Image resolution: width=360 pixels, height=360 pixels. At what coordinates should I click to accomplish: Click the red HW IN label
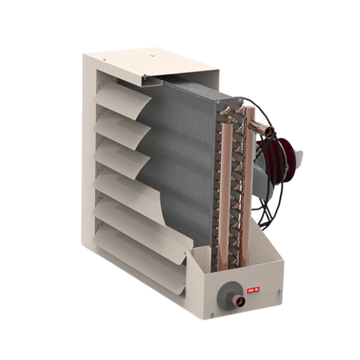click(x=253, y=290)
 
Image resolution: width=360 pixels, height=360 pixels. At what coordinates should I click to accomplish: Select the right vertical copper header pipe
click(x=247, y=187)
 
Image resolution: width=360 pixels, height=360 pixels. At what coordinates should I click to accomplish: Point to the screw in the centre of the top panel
click(x=151, y=56)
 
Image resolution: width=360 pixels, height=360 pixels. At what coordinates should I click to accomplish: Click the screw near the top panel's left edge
click(x=104, y=60)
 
